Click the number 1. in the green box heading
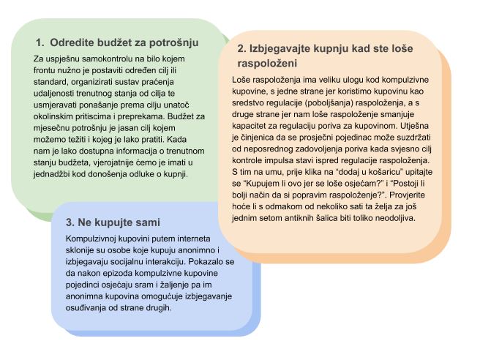pos(40,42)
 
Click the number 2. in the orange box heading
pos(242,50)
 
